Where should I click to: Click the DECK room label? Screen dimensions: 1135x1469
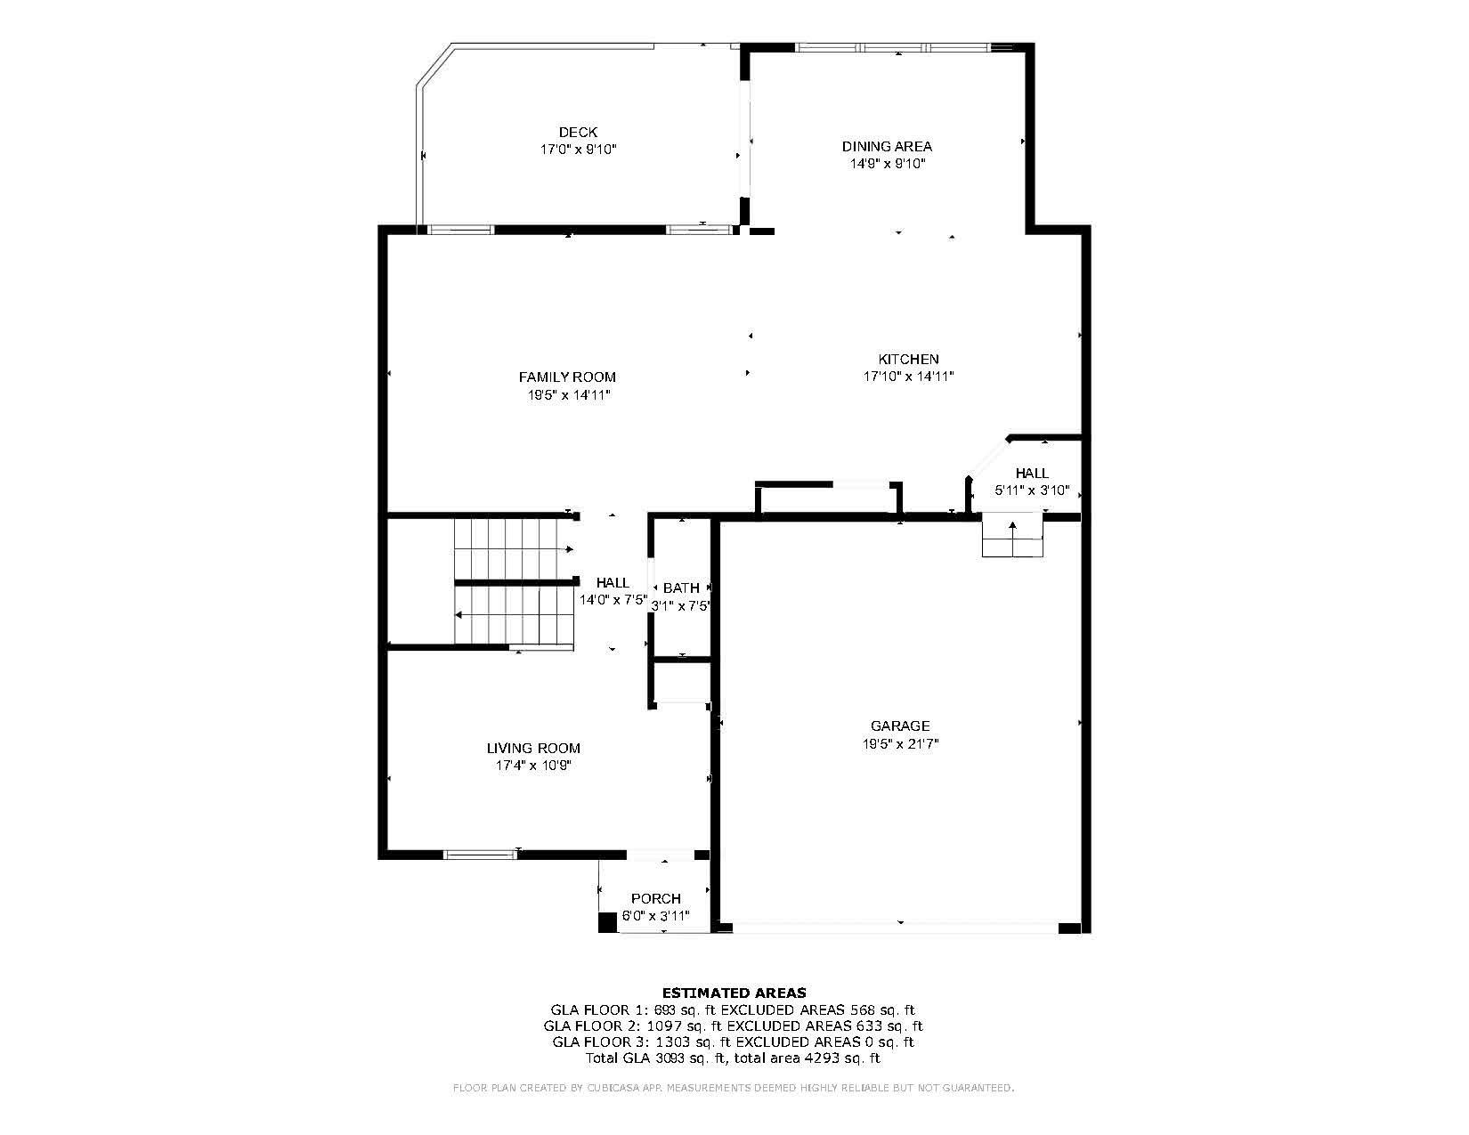click(578, 133)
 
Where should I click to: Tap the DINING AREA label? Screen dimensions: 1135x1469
click(887, 146)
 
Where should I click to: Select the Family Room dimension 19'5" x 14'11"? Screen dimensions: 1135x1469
click(567, 394)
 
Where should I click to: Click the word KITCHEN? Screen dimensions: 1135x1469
click(908, 359)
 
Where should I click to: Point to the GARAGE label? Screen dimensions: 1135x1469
click(899, 726)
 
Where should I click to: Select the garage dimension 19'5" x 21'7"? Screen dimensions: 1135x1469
click(899, 743)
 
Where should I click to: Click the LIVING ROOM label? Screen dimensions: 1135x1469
click(532, 749)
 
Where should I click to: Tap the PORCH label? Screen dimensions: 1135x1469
click(655, 899)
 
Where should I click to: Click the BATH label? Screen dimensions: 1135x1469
click(681, 588)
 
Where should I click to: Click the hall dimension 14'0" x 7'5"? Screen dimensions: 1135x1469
click(613, 600)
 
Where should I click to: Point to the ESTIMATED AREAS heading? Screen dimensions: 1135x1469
click(734, 993)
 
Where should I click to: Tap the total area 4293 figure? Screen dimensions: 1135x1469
click(823, 1058)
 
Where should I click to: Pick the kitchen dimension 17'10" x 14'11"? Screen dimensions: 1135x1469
click(908, 377)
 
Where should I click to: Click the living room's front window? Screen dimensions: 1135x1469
click(480, 855)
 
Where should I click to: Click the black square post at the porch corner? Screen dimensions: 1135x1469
click(607, 923)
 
